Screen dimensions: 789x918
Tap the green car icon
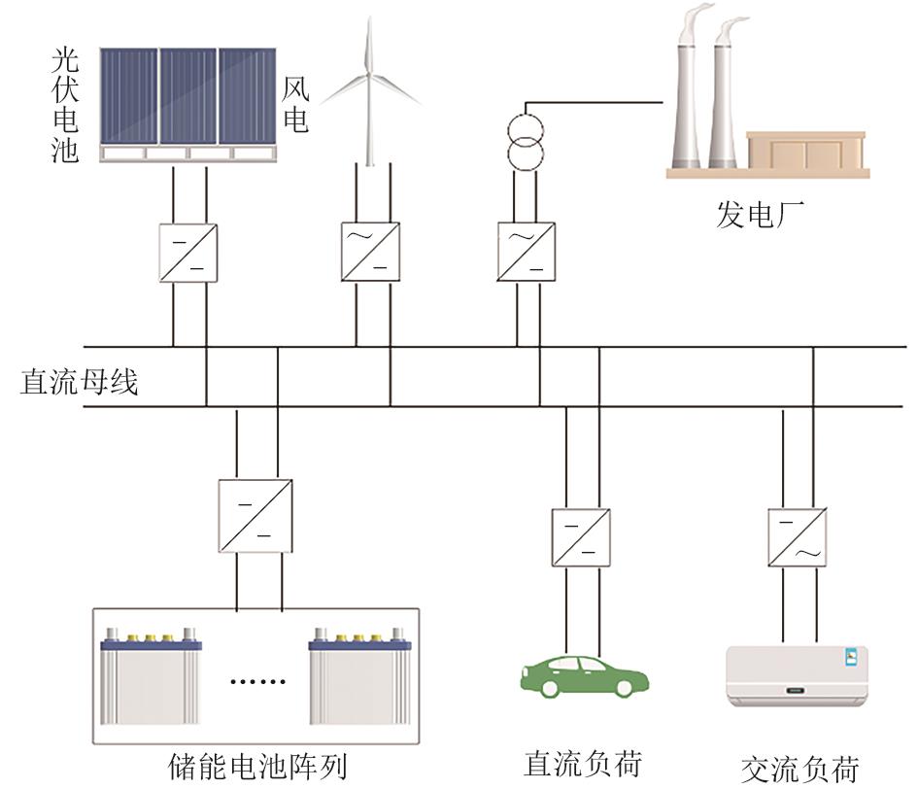583,674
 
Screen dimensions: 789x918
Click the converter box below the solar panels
188,253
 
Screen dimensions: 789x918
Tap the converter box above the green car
582,537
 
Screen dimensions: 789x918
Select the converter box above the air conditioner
798,537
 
